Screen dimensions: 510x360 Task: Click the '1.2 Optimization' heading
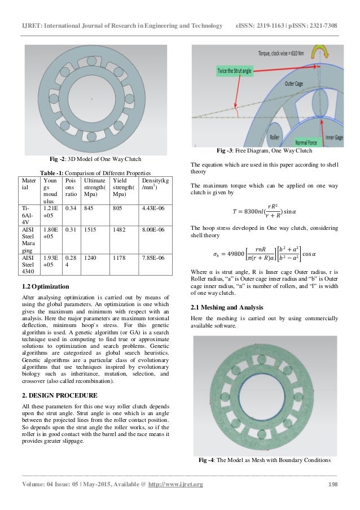(45, 286)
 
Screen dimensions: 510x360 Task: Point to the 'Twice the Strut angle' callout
(226, 71)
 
